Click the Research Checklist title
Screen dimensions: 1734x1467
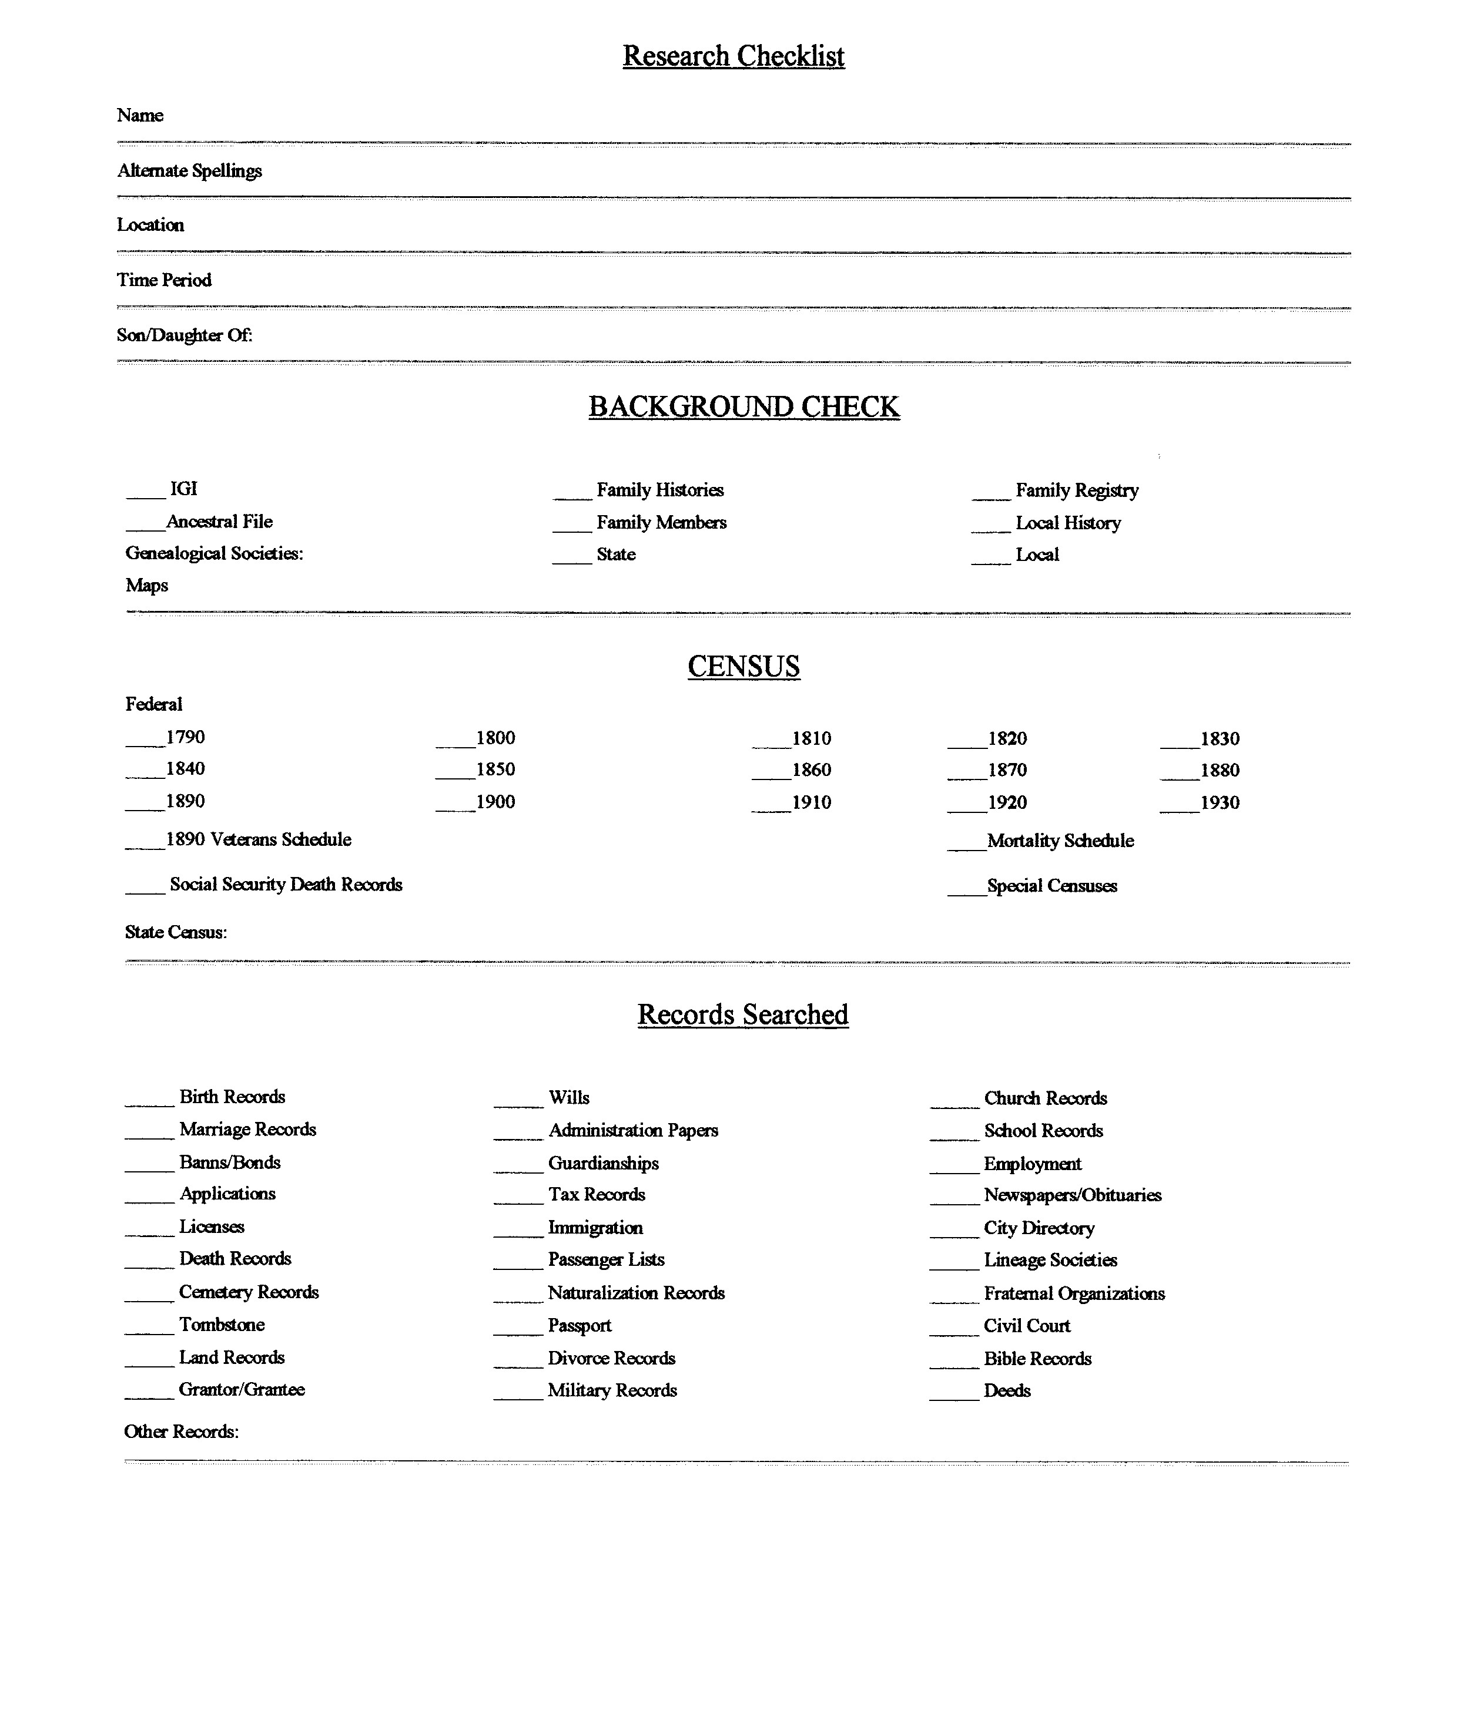click(x=733, y=56)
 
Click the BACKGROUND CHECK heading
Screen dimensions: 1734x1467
click(x=743, y=406)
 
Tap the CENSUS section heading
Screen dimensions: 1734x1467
click(x=743, y=666)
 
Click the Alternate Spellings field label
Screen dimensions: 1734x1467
click(x=190, y=170)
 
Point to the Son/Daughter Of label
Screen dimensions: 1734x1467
click(x=185, y=335)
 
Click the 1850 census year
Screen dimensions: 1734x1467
click(x=495, y=769)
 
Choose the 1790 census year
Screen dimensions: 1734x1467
click(x=186, y=737)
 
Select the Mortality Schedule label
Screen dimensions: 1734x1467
click(x=1060, y=841)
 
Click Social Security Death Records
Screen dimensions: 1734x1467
click(x=286, y=885)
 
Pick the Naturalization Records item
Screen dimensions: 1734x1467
click(x=636, y=1293)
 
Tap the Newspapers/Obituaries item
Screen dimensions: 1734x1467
click(x=1072, y=1195)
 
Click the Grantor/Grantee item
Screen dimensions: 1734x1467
click(x=242, y=1389)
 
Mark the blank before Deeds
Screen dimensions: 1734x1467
click(x=954, y=1397)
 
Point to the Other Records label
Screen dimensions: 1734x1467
click(x=181, y=1431)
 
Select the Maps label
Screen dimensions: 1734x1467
click(x=147, y=585)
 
